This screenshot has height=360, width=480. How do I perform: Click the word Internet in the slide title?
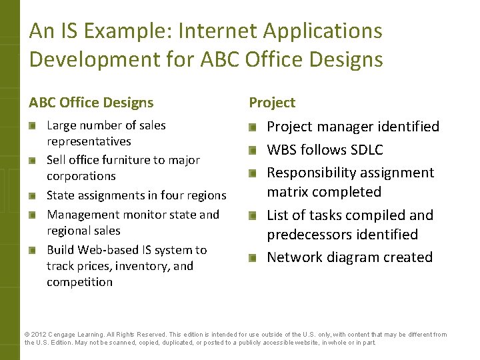pyautogui.click(x=219, y=31)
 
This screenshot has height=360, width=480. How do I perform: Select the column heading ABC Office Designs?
pyautogui.click(x=91, y=103)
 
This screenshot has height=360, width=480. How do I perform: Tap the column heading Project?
pyautogui.click(x=272, y=103)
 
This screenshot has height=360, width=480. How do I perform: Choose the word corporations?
pyautogui.click(x=81, y=176)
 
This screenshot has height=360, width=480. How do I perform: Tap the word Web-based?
pyautogui.click(x=110, y=250)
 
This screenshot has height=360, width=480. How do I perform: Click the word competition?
pyautogui.click(x=80, y=282)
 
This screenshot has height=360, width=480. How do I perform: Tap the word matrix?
pyautogui.click(x=287, y=192)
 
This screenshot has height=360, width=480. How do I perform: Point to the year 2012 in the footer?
pyautogui.click(x=39, y=335)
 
